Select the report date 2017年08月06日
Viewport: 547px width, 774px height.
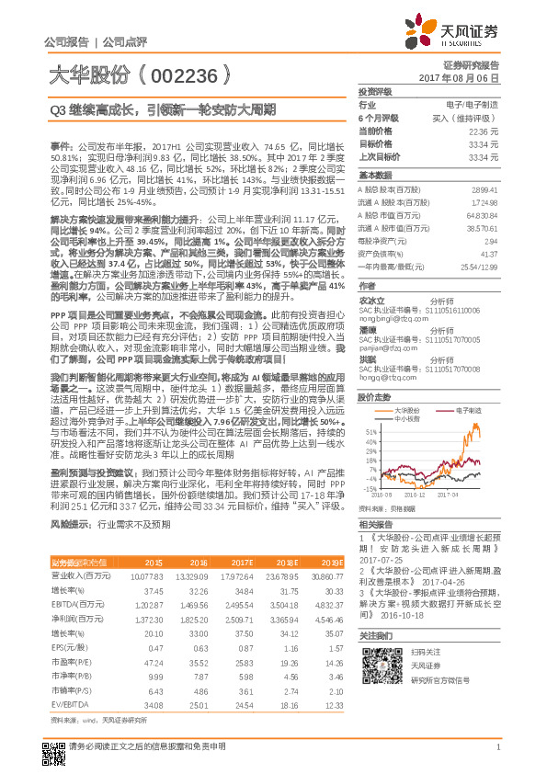pyautogui.click(x=468, y=79)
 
